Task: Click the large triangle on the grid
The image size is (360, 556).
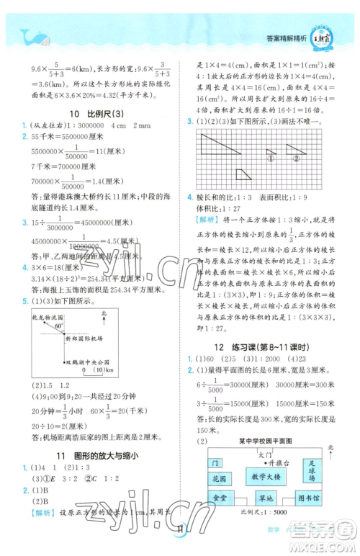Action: (220, 145)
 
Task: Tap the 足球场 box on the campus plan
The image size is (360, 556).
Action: (310, 471)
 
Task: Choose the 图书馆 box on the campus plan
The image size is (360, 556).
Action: (311, 498)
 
